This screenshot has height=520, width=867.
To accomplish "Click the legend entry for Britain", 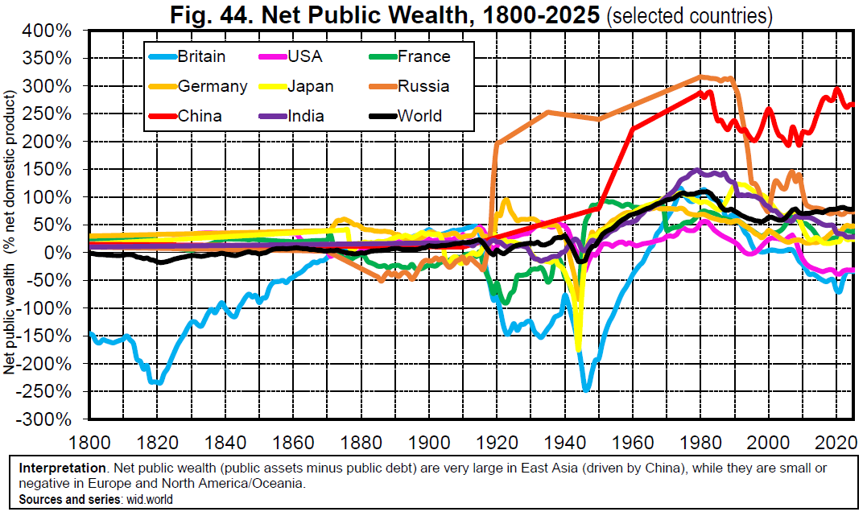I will tap(201, 56).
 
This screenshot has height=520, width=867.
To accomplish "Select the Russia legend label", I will tap(423, 86).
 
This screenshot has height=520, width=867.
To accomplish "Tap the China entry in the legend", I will tap(200, 116).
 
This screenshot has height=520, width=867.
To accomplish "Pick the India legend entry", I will tap(306, 116).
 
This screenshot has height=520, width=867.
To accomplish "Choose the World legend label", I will tap(419, 116).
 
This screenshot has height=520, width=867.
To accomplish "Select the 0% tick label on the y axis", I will tap(68, 253).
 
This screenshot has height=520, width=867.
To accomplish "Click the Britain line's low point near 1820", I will tap(159, 383).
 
